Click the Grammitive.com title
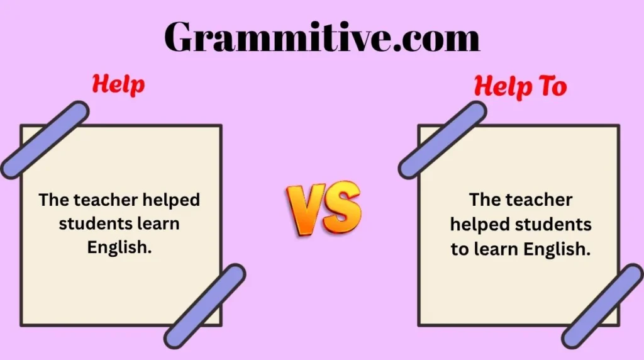coord(322,37)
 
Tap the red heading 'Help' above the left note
coord(118,85)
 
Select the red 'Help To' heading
coord(520,87)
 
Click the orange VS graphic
coord(324,208)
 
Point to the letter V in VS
coord(304,210)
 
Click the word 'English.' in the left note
coord(119,247)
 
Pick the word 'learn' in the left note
coord(158,224)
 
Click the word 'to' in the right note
coord(460,249)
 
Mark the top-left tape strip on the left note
coord(45,140)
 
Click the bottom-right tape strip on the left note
coord(205,306)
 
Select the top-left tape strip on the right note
coord(442,140)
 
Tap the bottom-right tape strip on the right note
coord(602,307)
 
